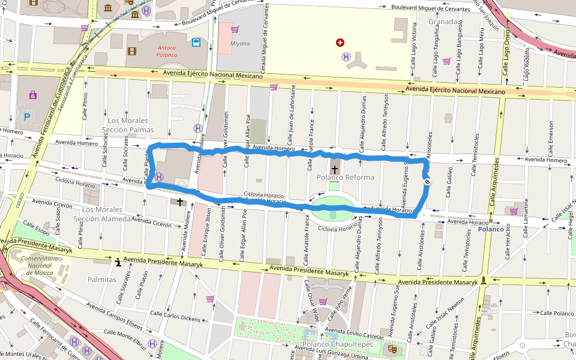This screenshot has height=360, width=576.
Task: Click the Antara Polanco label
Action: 167,51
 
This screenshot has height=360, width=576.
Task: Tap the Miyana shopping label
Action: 239,43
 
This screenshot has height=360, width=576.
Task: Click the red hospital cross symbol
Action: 340,43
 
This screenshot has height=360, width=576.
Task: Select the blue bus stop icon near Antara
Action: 196,43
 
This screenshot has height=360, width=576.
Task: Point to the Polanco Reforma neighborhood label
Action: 345,178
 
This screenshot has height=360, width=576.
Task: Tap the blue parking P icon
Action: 26,116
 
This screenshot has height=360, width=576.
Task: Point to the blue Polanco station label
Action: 491,229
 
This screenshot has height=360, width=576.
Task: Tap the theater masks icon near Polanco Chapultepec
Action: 393,347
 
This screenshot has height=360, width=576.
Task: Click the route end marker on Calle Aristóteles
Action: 428,181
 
